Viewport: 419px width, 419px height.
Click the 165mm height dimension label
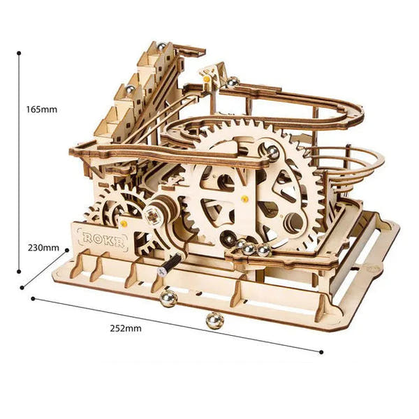click(x=42, y=110)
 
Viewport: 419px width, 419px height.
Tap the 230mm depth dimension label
click(x=43, y=248)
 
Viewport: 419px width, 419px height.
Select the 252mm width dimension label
click(x=126, y=328)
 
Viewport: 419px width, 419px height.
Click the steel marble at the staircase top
click(x=161, y=47)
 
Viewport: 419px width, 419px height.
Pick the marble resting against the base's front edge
click(x=168, y=298)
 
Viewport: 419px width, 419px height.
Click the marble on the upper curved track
click(x=233, y=82)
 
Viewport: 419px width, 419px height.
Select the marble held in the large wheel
click(x=272, y=152)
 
